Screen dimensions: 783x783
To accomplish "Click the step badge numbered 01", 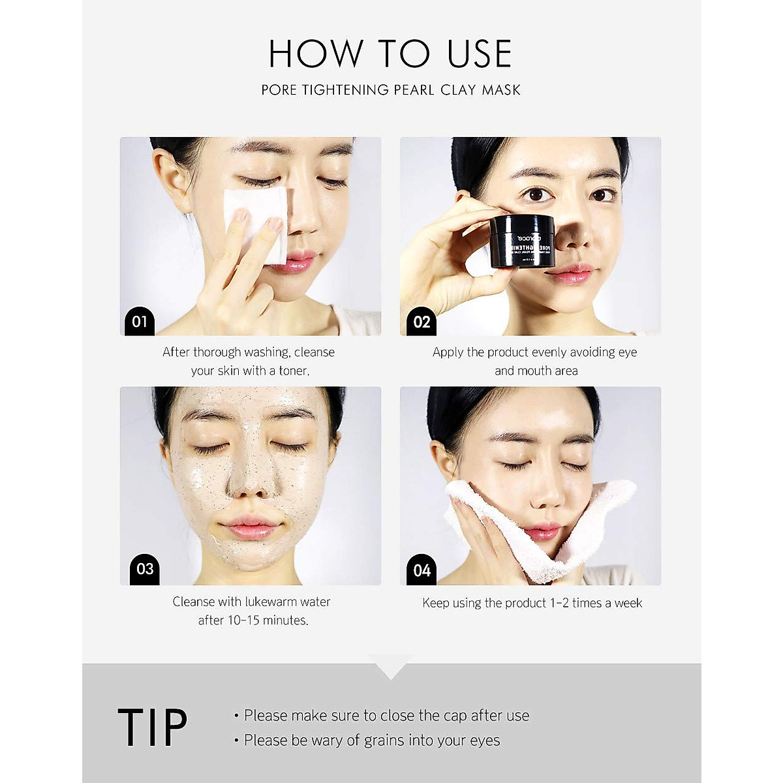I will pos(139,321).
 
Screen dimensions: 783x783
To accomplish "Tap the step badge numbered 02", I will pos(422,322).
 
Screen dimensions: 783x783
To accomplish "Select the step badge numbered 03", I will pos(144,568).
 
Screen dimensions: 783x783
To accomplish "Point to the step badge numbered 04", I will pos(422,570).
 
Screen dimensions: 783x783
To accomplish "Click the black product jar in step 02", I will pos(522,241).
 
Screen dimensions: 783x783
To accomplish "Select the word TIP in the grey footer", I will pos(152,728).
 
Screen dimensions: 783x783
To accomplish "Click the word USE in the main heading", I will pos(480,54).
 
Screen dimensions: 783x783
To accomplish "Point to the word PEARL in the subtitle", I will pos(414,90).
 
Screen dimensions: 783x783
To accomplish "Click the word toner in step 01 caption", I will pos(293,371).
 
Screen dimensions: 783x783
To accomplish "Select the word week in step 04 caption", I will pos(628,603).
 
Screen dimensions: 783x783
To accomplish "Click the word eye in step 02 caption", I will pos(627,352).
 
